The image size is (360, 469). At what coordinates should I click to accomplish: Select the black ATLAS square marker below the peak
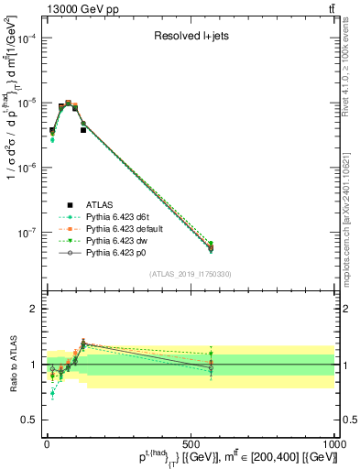83,130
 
